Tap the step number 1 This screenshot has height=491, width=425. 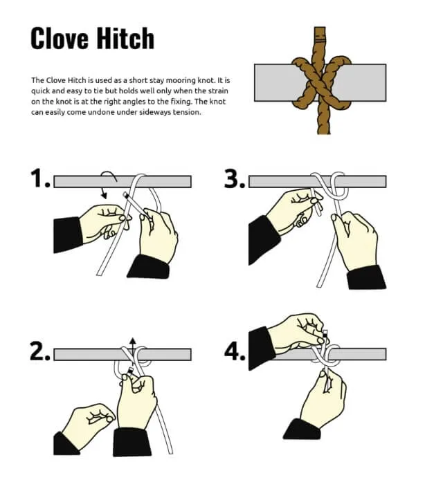(40, 180)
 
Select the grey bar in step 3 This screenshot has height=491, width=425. (360, 181)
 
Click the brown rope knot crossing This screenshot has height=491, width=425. (319, 83)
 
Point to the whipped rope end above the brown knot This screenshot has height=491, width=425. (319, 35)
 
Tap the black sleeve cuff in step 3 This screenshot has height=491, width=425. (365, 276)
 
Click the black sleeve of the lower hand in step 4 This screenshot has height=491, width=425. (301, 429)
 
